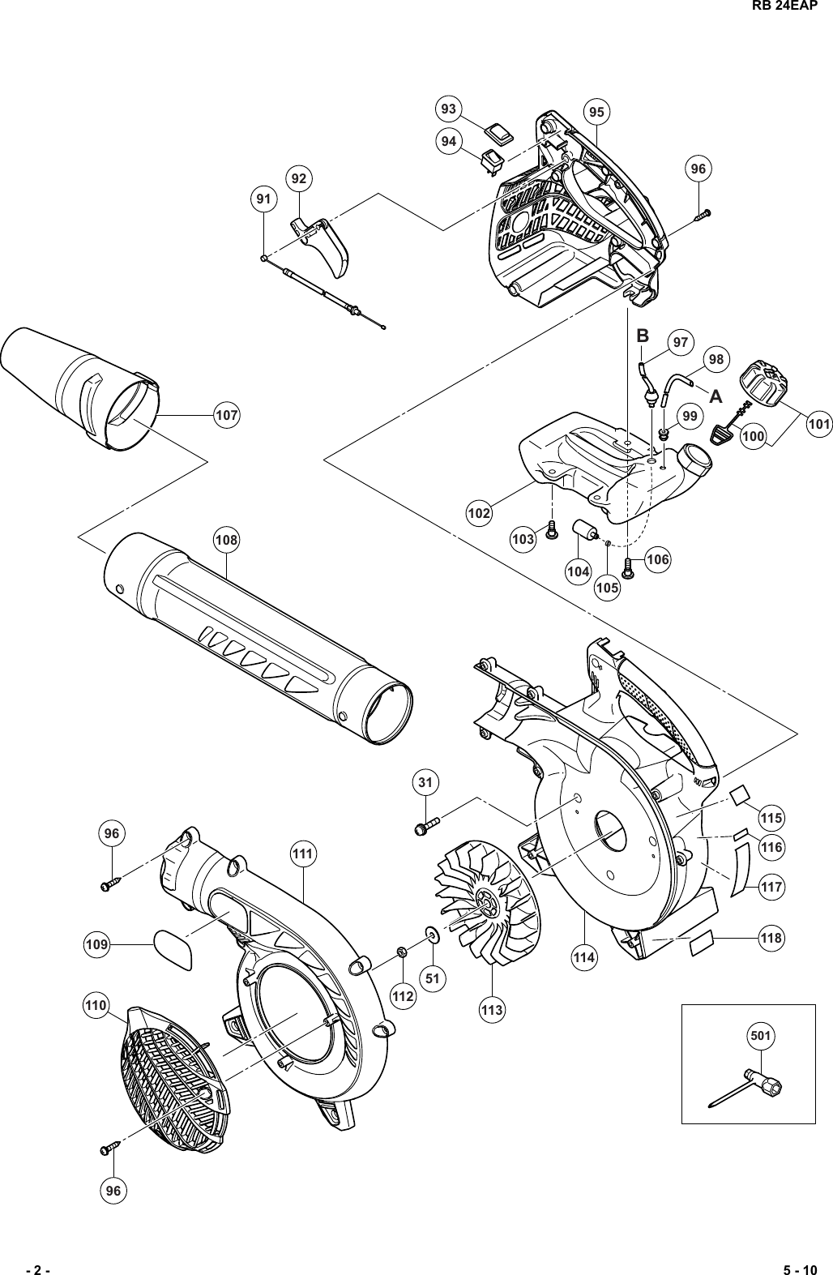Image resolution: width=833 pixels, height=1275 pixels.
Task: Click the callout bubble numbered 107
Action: (x=227, y=415)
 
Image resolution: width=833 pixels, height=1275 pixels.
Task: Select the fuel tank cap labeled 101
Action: (x=763, y=382)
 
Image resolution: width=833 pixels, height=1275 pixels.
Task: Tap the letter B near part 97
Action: (x=643, y=336)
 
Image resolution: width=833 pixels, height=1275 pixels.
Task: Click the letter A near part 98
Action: (x=716, y=397)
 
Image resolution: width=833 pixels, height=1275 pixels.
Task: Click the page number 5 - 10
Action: (x=801, y=1269)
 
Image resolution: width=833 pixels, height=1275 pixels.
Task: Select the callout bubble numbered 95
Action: (x=598, y=112)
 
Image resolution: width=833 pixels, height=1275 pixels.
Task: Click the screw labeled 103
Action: (x=552, y=530)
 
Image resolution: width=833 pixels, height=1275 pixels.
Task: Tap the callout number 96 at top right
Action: (x=698, y=169)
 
